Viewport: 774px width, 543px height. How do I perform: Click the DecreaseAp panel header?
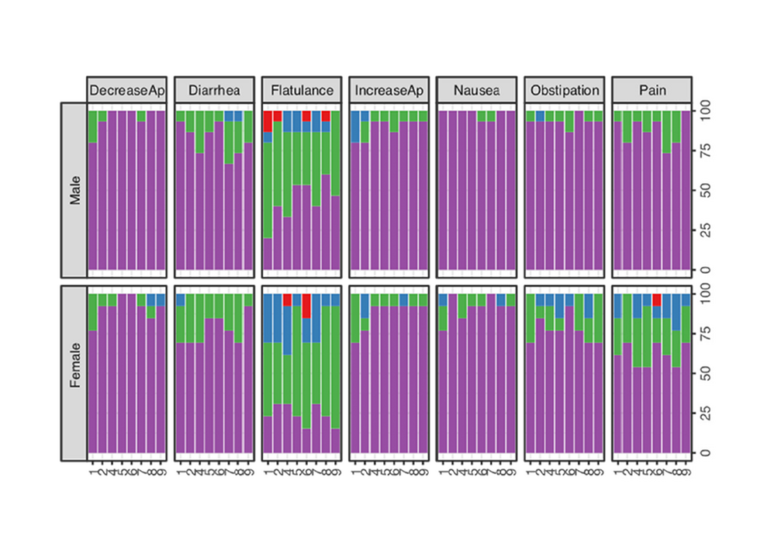(x=126, y=90)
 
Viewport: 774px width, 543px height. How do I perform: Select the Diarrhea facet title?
(x=214, y=90)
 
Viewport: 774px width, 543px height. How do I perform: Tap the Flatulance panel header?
(x=302, y=90)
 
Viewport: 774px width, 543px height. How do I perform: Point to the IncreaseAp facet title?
(x=389, y=90)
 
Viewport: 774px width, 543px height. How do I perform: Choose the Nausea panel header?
(x=476, y=90)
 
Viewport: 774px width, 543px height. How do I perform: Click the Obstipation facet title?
(x=564, y=90)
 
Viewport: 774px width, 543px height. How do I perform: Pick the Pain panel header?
(x=651, y=90)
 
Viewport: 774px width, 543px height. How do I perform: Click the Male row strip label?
(x=74, y=190)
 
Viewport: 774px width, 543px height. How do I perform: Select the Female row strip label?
(x=74, y=373)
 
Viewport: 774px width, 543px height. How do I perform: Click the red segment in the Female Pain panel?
(x=656, y=299)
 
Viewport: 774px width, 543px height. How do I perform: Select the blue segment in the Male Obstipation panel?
(x=540, y=116)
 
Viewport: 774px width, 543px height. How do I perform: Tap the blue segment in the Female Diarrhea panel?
(x=181, y=299)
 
